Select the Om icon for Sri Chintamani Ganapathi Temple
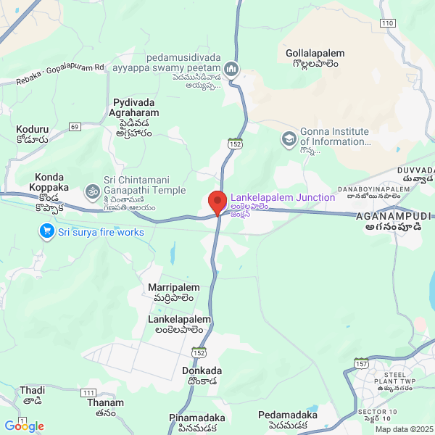pyautogui.click(x=92, y=191)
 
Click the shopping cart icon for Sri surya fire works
pyautogui.click(x=47, y=232)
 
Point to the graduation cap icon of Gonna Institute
pyautogui.click(x=289, y=137)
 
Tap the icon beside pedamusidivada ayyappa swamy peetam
pyautogui.click(x=231, y=69)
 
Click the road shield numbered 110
pyautogui.click(x=387, y=23)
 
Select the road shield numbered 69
pyautogui.click(x=75, y=127)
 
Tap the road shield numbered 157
pyautogui.click(x=362, y=362)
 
